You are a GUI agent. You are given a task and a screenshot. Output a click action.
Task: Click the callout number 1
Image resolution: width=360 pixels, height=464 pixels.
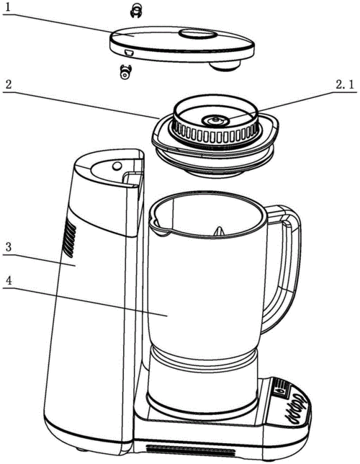point(9,7)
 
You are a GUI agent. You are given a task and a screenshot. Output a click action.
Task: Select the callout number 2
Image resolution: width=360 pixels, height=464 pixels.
point(9,84)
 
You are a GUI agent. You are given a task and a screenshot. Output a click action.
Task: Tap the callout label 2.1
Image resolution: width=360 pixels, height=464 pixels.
point(344,85)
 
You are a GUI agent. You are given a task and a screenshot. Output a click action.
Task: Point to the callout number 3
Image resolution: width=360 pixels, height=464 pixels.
point(9,247)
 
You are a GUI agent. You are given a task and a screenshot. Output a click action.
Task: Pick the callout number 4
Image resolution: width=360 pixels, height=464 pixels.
point(9,281)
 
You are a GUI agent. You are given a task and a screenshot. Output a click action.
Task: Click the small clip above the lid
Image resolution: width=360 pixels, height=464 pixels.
point(136,10)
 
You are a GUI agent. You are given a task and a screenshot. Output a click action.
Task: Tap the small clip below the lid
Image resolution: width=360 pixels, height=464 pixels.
point(125,72)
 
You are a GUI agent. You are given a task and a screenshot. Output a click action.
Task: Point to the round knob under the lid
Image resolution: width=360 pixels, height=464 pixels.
point(225,66)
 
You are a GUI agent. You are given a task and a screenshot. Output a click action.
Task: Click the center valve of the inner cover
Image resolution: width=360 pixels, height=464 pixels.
point(215,120)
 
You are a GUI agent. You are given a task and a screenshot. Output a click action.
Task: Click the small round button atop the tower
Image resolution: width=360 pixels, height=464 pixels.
point(117,166)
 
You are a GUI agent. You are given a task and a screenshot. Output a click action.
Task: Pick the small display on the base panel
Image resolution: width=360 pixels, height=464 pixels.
point(280,388)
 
